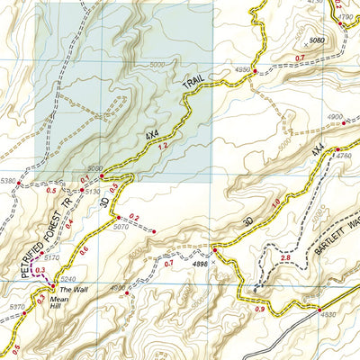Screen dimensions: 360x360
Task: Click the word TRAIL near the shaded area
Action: (195, 86)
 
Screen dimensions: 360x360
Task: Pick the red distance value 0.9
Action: (260, 310)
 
